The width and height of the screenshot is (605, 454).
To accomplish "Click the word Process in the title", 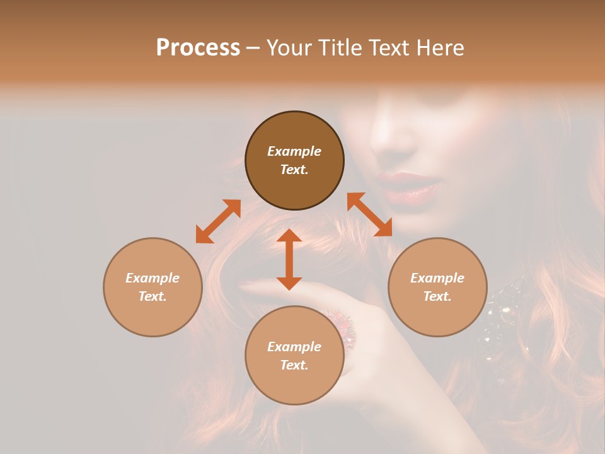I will point(198,48).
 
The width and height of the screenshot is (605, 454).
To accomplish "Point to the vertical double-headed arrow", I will point(289,259).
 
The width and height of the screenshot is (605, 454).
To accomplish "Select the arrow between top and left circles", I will point(218,221).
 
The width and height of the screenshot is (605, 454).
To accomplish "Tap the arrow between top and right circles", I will point(369,214).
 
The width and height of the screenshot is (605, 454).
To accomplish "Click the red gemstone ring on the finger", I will point(342,325).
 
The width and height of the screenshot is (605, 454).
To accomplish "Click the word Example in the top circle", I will point(294,151).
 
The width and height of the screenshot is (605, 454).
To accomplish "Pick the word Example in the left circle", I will point(153,278).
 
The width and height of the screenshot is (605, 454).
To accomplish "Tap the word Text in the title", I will point(388,48).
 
